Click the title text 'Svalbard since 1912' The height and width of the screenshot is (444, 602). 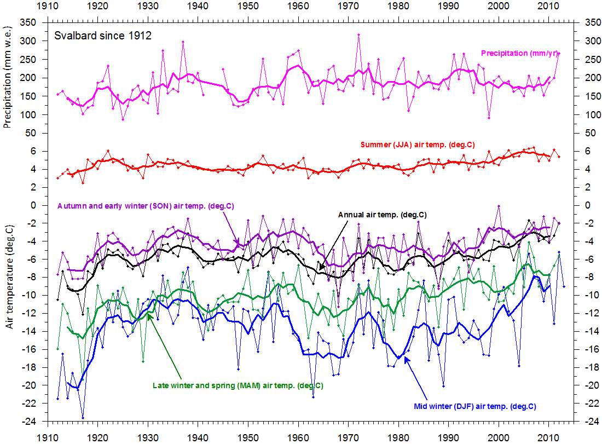[x=102, y=36]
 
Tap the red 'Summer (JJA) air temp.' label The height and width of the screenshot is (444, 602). [x=417, y=145]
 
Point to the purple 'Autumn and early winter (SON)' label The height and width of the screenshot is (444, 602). [x=146, y=206]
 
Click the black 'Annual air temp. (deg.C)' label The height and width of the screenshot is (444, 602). [x=382, y=215]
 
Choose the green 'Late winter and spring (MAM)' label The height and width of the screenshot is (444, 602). [x=237, y=385]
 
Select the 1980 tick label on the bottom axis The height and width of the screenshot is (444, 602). [x=398, y=438]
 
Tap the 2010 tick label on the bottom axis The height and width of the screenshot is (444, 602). [x=549, y=438]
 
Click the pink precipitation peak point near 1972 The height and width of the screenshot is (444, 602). [x=358, y=34]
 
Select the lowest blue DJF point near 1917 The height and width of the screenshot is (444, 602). [x=83, y=418]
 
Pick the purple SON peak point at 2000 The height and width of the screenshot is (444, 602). [x=499, y=206]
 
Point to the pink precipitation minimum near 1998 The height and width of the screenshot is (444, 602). [x=489, y=118]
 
